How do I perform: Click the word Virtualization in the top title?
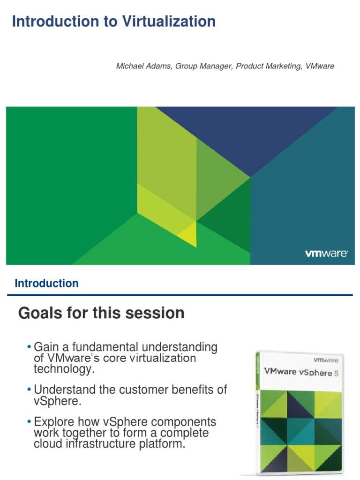(x=169, y=21)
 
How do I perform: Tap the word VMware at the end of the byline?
(x=320, y=66)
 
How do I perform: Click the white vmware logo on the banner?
(x=326, y=254)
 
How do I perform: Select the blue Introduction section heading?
(x=46, y=283)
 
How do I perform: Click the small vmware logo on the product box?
(x=326, y=360)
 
